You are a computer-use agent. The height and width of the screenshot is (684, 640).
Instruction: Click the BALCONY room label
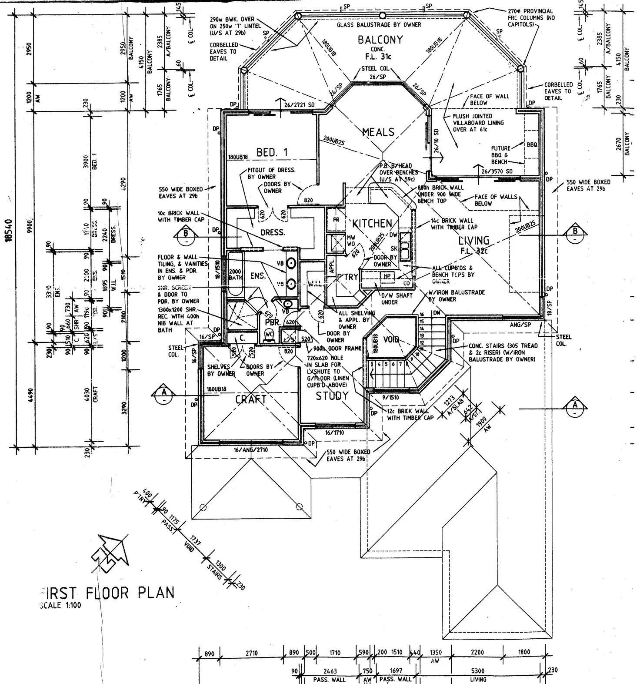tap(380, 40)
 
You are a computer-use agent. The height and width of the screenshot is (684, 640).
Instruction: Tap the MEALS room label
tap(378, 132)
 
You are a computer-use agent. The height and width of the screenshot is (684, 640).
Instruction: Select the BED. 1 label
tap(272, 152)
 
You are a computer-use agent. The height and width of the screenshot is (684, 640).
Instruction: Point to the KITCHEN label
tap(372, 224)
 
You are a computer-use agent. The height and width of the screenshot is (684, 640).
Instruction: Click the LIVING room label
tap(474, 240)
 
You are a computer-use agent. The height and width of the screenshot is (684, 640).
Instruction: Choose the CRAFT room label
tap(251, 399)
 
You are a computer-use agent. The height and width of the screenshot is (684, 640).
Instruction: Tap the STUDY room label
tap(332, 396)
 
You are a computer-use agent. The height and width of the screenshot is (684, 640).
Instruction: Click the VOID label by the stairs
tap(391, 340)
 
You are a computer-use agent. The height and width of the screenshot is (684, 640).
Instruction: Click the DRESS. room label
tap(273, 232)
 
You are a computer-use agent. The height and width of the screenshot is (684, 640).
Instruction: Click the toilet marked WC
tap(269, 334)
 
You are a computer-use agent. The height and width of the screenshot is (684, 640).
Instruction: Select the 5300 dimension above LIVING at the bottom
tap(478, 671)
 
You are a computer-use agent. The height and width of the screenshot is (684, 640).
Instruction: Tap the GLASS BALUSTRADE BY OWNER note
tap(379, 25)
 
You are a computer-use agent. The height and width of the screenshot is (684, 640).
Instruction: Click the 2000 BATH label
tap(235, 275)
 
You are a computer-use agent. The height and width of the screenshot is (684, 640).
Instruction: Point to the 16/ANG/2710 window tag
tap(251, 450)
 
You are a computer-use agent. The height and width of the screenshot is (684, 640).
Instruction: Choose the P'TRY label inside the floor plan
tap(348, 277)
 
